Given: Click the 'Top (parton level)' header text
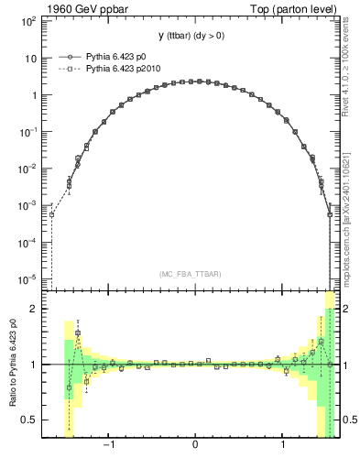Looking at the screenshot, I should [292, 8].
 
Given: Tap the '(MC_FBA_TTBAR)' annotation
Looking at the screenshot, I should [195, 273].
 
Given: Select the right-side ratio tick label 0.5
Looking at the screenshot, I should [347, 420].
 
